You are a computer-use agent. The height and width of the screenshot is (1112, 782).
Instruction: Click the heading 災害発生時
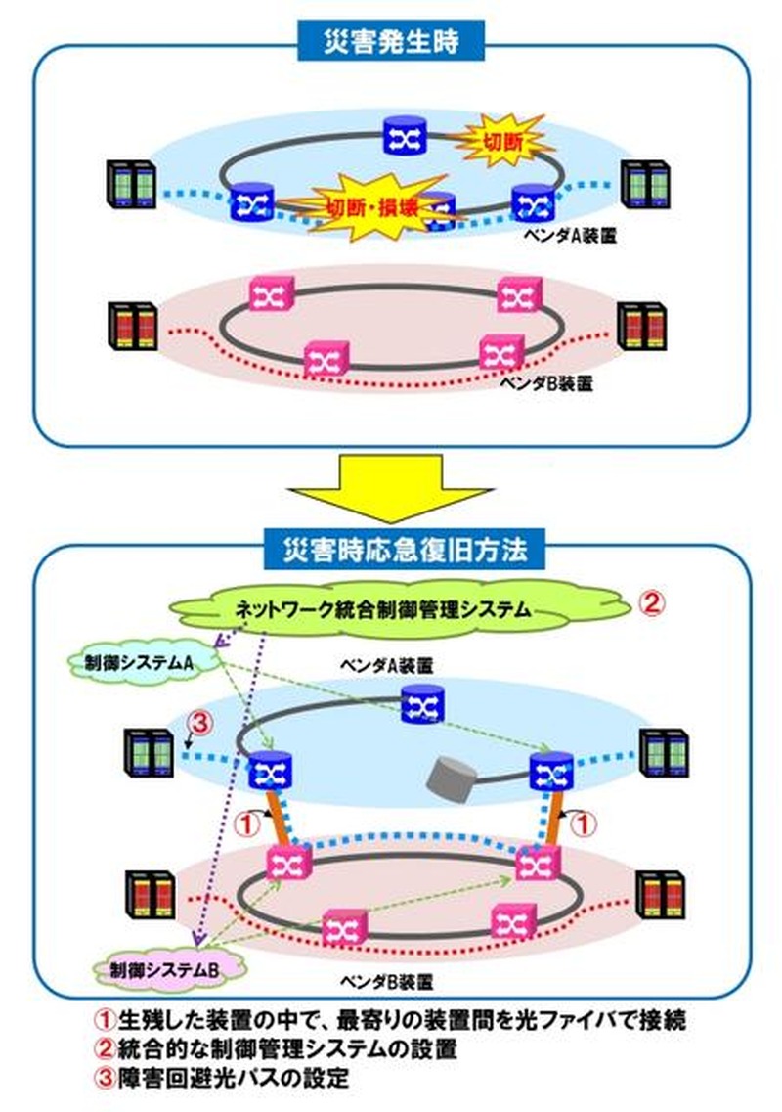[x=391, y=41]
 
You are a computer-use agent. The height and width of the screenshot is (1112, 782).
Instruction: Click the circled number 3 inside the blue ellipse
[x=199, y=725]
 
